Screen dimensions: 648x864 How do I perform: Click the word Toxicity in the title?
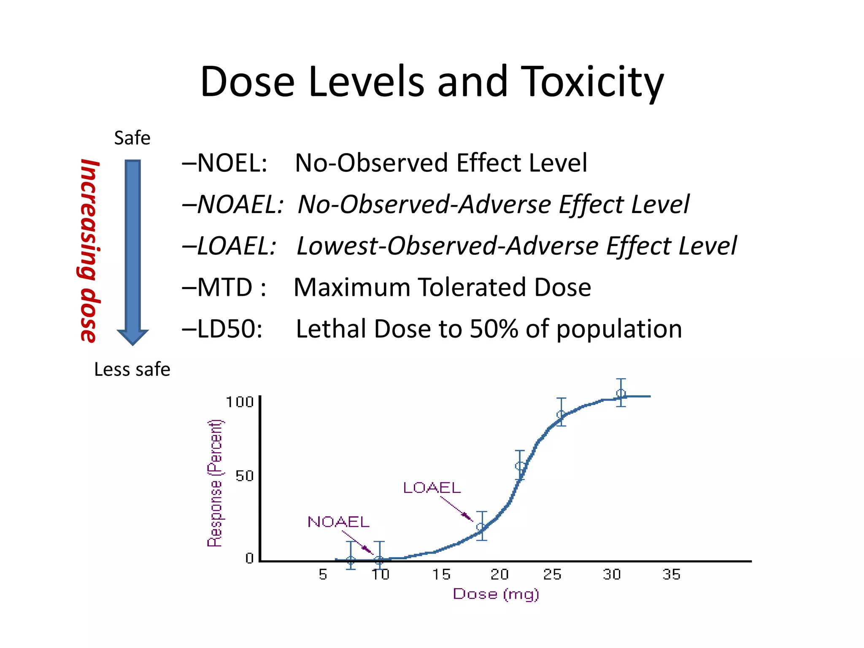pyautogui.click(x=592, y=82)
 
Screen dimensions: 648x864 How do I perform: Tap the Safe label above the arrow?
pyautogui.click(x=132, y=138)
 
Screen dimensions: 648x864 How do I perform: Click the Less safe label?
pyautogui.click(x=132, y=369)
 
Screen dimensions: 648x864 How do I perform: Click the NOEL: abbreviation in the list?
pyautogui.click(x=232, y=163)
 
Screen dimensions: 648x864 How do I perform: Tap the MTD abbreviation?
pyautogui.click(x=225, y=287)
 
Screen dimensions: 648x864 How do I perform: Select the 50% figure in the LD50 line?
pyautogui.click(x=494, y=329)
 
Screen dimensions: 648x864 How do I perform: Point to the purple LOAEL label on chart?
pyautogui.click(x=432, y=488)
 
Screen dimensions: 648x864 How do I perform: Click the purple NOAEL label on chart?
pyautogui.click(x=338, y=522)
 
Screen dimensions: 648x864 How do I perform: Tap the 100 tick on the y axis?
pyautogui.click(x=240, y=402)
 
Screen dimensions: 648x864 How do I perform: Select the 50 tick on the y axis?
pyautogui.click(x=244, y=476)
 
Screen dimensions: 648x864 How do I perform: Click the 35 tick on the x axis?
pyautogui.click(x=671, y=574)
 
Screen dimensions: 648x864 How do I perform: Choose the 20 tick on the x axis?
pyautogui.click(x=500, y=574)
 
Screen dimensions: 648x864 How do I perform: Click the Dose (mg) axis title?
pyautogui.click(x=496, y=594)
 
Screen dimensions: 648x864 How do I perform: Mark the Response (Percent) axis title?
pyautogui.click(x=215, y=483)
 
